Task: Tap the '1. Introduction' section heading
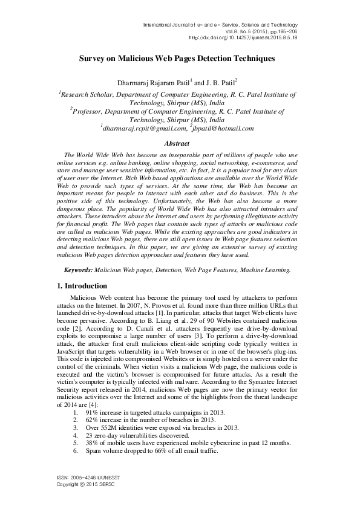[x=82, y=286]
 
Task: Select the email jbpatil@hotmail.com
[x=223, y=128]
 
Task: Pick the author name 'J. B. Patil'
[x=218, y=82]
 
